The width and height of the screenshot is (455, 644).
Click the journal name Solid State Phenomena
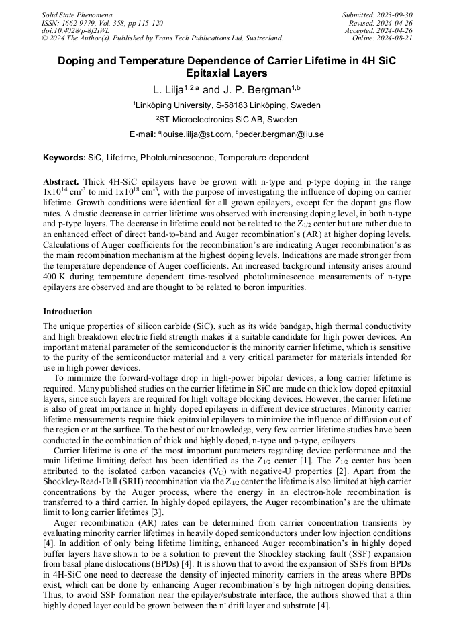click(x=77, y=14)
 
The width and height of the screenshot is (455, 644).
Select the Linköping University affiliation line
click(x=227, y=105)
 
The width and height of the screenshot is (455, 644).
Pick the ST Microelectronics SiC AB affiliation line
click(x=227, y=120)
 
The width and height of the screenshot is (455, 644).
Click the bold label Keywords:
click(x=64, y=158)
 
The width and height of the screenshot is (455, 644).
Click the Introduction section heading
click(x=68, y=312)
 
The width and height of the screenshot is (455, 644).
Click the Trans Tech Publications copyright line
click(x=162, y=38)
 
